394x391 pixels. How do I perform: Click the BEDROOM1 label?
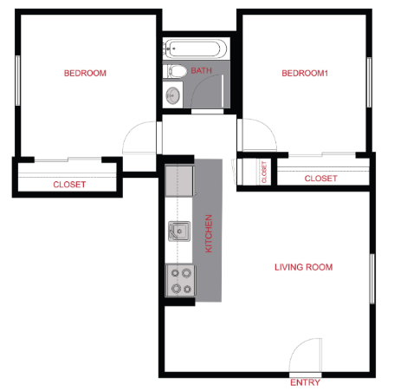tap(305, 73)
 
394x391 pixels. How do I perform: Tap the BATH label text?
tap(201, 71)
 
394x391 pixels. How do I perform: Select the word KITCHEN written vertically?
tap(209, 234)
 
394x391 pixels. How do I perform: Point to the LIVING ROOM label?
tap(303, 267)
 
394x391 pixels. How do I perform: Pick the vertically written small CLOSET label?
tap(264, 172)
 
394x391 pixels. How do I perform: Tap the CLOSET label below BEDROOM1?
tap(320, 179)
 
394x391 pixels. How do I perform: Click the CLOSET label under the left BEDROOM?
tap(69, 185)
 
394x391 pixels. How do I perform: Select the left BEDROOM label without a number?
tap(85, 73)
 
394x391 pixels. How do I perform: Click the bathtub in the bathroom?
tap(196, 49)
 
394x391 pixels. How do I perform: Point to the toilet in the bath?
tap(174, 71)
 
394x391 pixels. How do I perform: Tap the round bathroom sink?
tap(173, 94)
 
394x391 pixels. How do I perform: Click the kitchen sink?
tap(180, 232)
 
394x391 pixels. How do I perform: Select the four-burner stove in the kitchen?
tap(181, 281)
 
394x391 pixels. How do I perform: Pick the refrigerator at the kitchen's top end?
tap(179, 181)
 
